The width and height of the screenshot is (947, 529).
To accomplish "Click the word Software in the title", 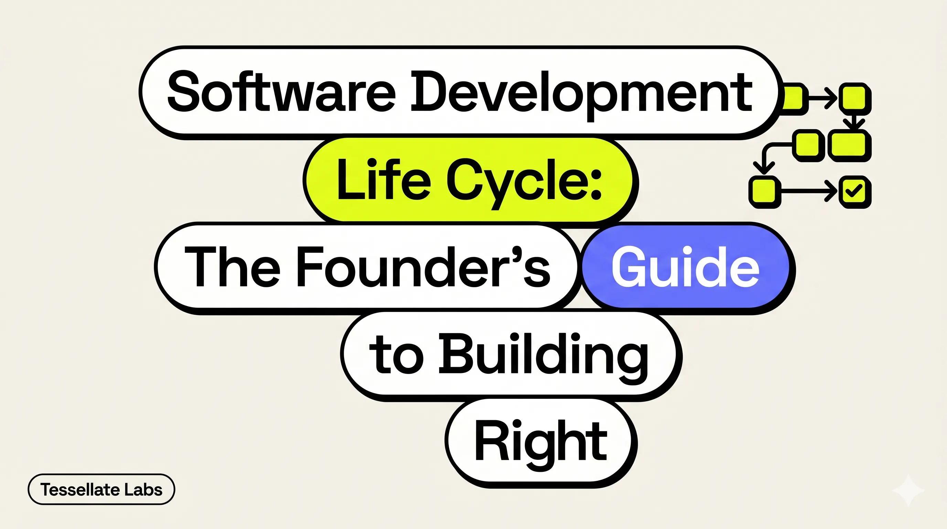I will (x=281, y=92).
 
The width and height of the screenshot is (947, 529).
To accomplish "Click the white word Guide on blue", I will (x=685, y=268).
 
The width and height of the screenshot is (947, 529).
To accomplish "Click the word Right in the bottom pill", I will (x=540, y=442).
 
